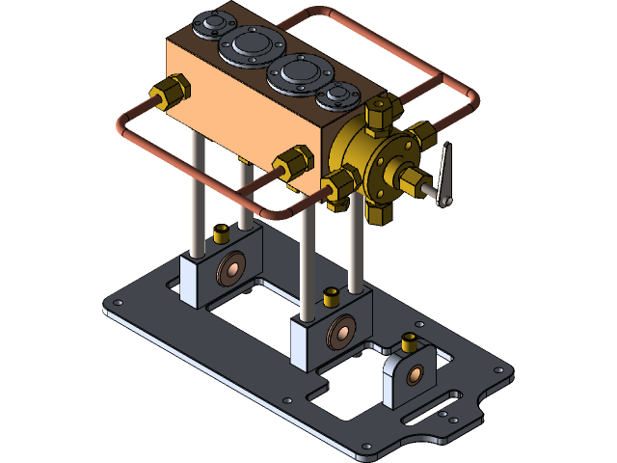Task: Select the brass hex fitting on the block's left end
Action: [173, 92]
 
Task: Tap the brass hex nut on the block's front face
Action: [292, 162]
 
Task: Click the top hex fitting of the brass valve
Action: [377, 113]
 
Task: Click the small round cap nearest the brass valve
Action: [337, 95]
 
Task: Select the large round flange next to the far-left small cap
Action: [246, 43]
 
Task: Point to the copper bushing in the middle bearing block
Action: [339, 333]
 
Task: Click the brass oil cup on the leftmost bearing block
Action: [221, 232]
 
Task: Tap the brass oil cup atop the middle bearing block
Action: [330, 294]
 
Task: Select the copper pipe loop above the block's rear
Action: [386, 39]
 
